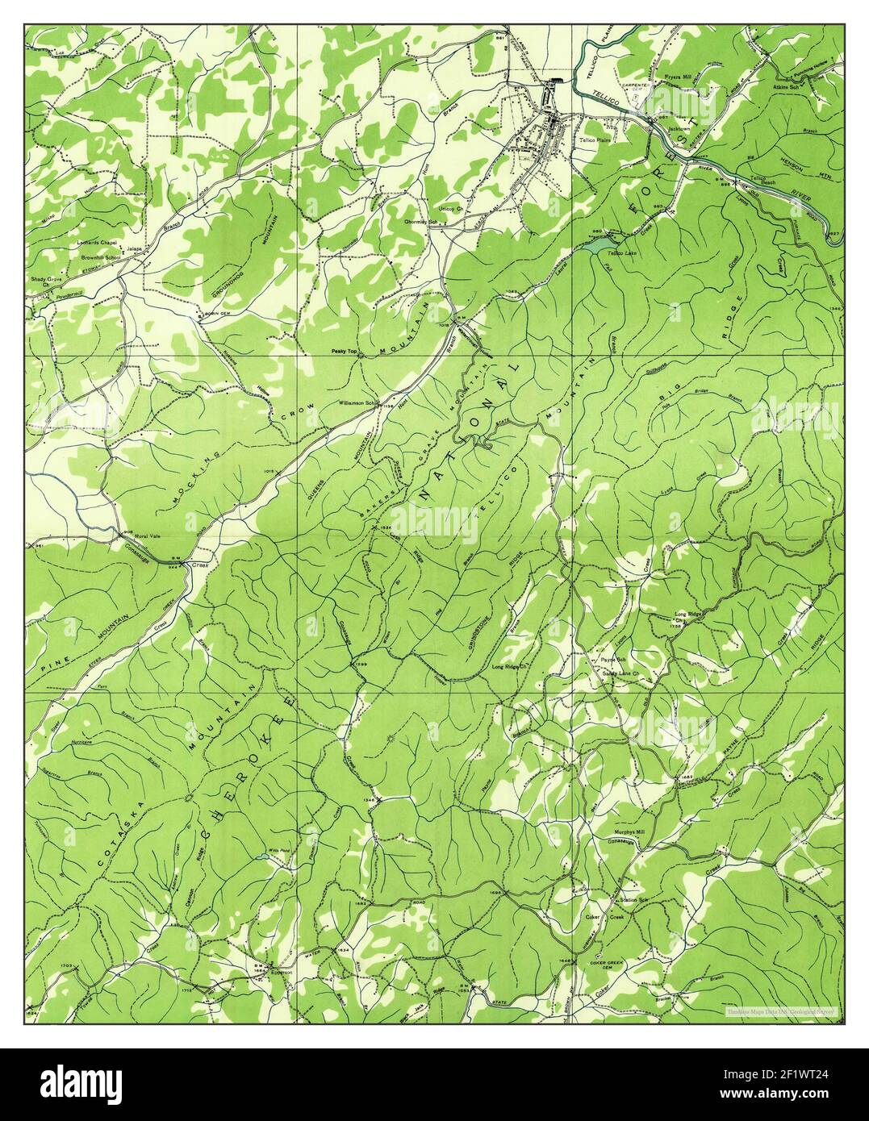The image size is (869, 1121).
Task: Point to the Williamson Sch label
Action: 359,401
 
